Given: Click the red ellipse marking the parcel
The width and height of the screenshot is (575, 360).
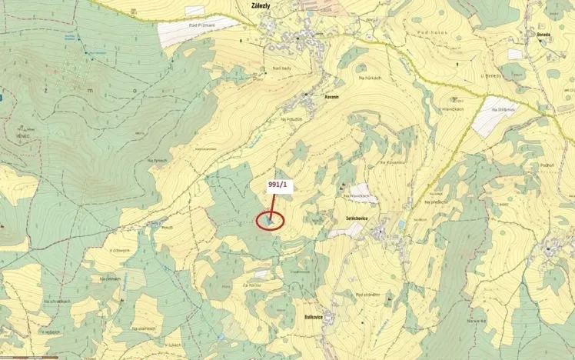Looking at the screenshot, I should coord(270,220).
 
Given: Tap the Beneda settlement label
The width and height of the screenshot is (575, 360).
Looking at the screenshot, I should coord(545,35).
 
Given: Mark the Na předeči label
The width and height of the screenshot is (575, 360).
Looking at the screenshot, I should coord(437,202).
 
